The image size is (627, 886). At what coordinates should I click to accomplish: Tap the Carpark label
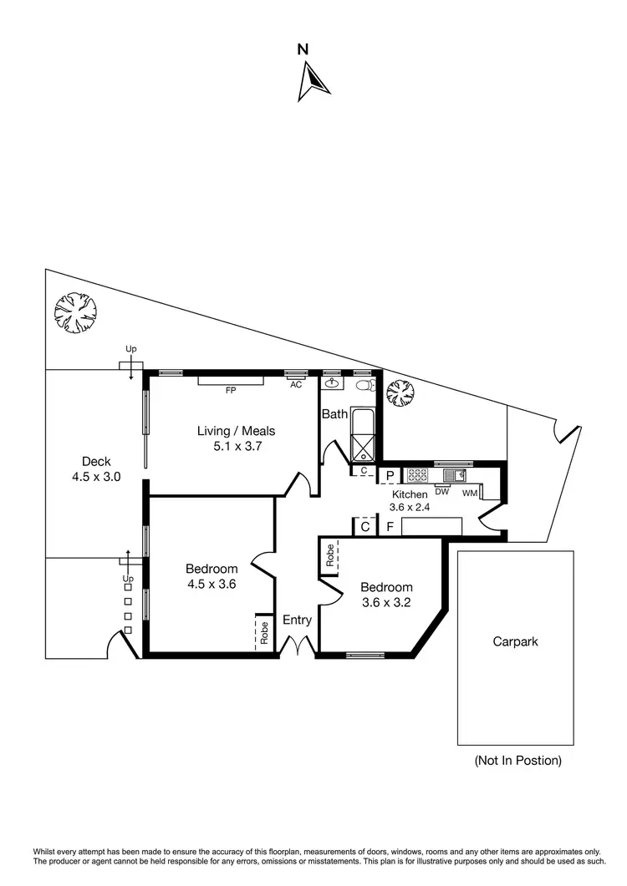pos(515,642)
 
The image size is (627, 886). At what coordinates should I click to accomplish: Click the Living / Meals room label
pos(236,438)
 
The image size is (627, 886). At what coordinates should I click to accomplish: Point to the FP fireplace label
pos(230,389)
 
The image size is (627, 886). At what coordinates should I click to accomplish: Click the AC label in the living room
pos(295,385)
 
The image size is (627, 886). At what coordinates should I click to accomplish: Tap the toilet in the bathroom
pos(364,385)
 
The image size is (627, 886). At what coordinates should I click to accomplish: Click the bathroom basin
pos(333,384)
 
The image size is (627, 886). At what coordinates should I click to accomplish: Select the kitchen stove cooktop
pos(416,475)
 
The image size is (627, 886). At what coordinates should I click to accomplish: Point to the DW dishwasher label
pos(443,492)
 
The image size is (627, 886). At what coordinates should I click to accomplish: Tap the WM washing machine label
pos(469,493)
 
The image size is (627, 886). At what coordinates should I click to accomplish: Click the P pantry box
pos(389,476)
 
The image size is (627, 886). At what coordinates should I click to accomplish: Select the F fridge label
pos(390,527)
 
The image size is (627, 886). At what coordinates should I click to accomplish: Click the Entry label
pos(297,620)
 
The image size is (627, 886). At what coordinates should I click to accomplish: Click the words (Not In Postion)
pos(517,761)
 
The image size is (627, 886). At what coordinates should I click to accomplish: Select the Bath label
pos(334,414)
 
